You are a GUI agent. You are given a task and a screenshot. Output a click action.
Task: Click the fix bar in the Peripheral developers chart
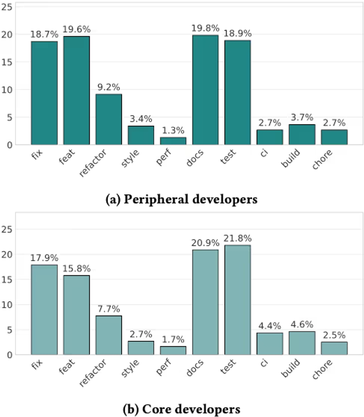tap(44, 93)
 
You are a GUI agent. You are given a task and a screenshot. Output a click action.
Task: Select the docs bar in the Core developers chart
tap(205, 302)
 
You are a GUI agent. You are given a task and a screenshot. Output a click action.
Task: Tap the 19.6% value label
tap(76, 29)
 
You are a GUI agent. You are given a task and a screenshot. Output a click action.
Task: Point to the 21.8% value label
tap(238, 238)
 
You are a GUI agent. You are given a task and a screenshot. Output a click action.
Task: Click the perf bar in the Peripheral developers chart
tap(173, 141)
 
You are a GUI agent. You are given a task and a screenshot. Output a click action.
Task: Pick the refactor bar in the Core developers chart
tap(108, 335)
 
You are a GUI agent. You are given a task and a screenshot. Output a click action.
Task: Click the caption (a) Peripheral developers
tap(181, 200)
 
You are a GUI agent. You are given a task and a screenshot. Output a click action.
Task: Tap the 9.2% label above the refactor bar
tap(108, 87)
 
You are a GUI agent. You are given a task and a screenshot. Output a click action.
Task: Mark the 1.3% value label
tap(173, 130)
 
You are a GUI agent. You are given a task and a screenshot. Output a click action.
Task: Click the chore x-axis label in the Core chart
tap(323, 368)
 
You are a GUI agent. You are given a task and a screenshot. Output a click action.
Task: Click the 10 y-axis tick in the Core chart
tap(8, 305)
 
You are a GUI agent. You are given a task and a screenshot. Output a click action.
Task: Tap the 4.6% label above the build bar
tap(302, 325)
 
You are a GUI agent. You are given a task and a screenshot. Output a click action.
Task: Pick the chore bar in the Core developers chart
tap(334, 348)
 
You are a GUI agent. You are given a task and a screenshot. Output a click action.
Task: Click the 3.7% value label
tap(302, 118)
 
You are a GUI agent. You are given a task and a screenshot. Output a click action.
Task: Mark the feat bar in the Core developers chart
tap(76, 315)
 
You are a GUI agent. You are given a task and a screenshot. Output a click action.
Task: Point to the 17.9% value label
tap(44, 258)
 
